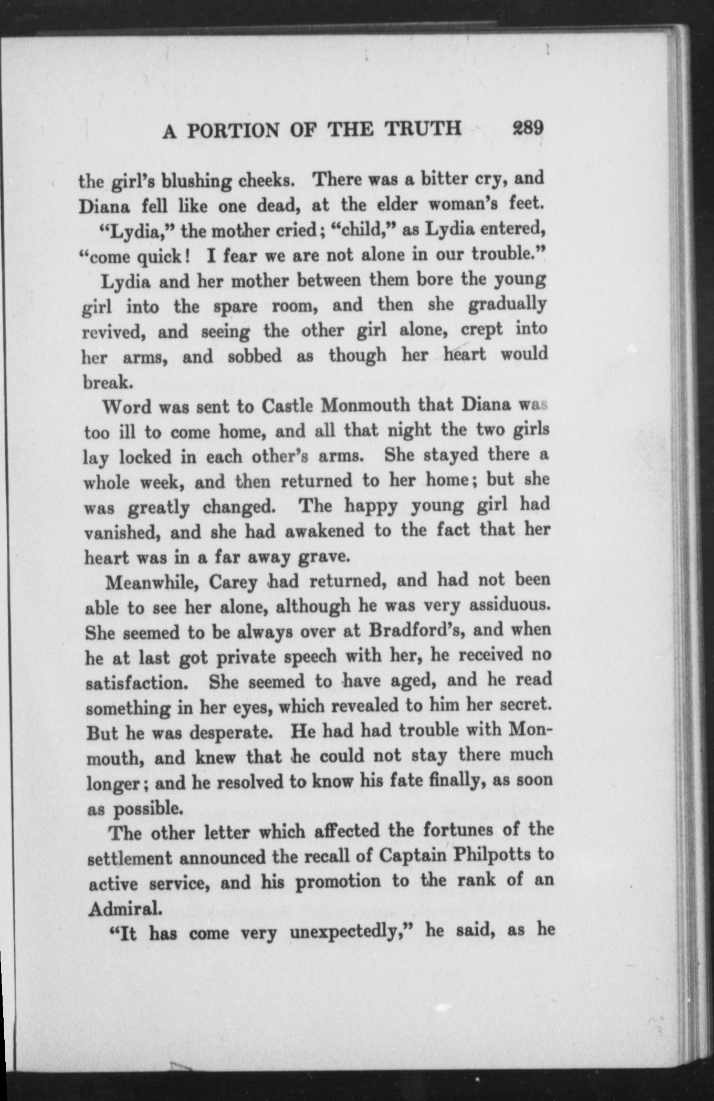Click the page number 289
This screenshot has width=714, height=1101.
click(x=527, y=128)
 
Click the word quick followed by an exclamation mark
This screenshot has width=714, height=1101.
click(x=161, y=257)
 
